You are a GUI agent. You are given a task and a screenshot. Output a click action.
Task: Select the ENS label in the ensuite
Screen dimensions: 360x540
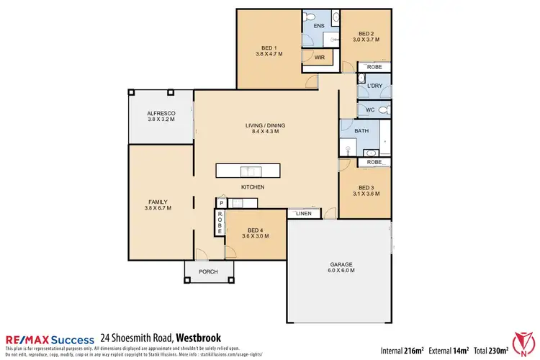320,26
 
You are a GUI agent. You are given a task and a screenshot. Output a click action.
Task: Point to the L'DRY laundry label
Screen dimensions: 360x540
374,86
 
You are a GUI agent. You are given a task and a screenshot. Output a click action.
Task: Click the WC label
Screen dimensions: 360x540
370,109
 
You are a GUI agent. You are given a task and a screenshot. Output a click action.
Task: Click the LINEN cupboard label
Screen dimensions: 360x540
302,214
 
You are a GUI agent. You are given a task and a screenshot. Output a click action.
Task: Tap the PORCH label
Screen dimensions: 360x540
209,271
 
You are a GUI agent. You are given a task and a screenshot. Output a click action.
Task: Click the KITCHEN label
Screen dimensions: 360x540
253,187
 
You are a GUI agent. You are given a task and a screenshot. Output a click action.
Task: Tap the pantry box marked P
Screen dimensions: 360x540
221,204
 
